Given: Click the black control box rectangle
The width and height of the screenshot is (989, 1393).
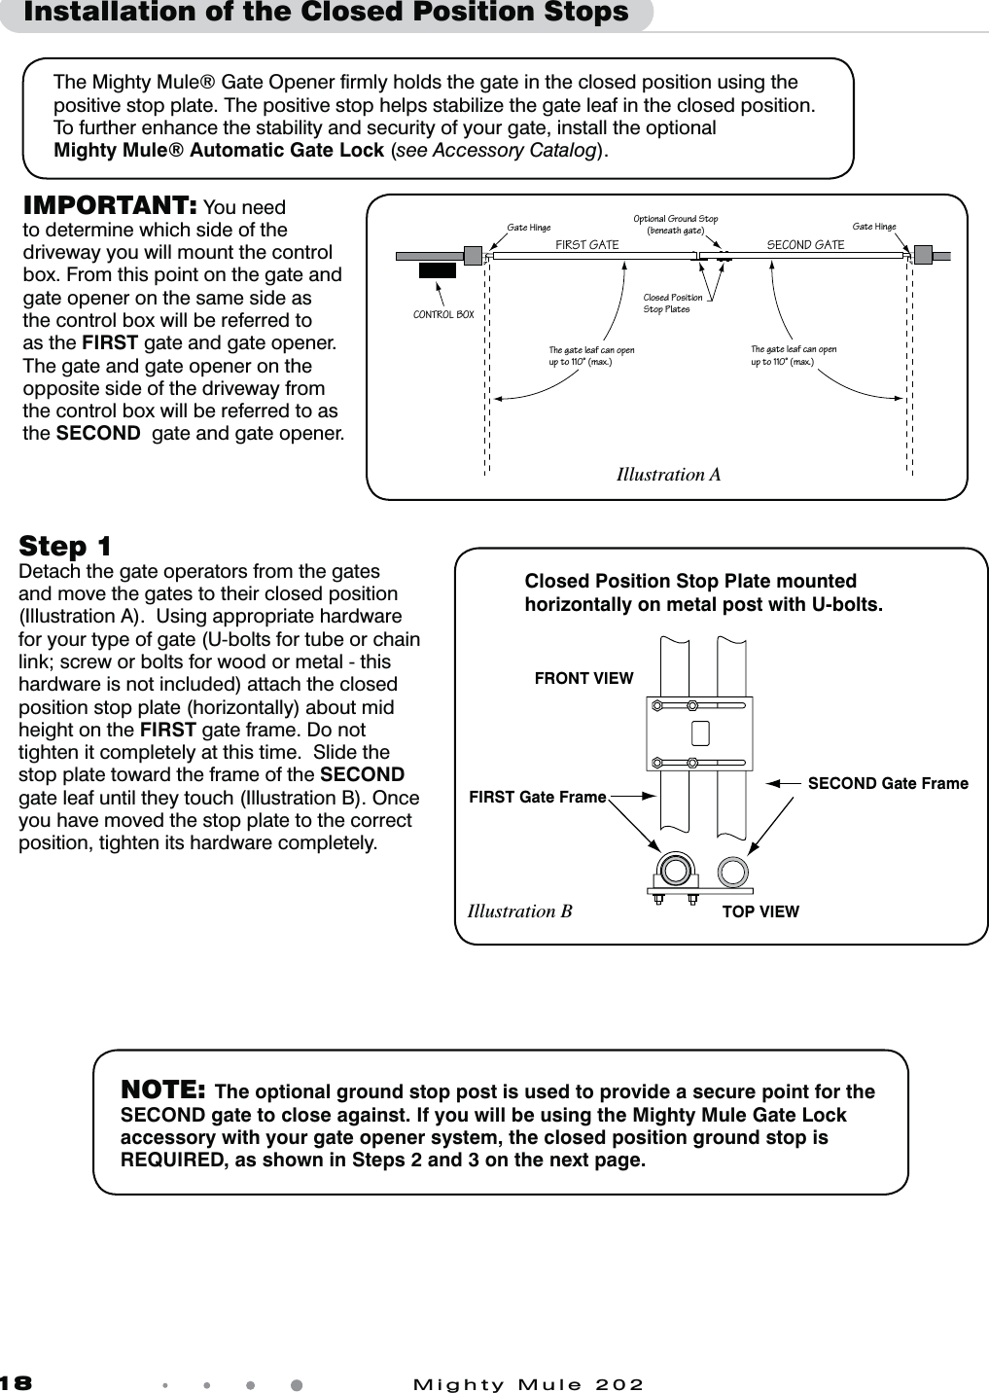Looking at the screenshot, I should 437,270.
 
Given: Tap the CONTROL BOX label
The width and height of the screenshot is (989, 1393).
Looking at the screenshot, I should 443,315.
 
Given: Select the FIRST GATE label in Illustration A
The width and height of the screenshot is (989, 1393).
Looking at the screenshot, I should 586,245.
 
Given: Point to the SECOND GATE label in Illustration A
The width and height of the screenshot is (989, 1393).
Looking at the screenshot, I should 805,245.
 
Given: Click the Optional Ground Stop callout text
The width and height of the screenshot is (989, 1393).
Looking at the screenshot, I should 675,225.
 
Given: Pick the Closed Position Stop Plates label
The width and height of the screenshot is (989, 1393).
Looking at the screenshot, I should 672,304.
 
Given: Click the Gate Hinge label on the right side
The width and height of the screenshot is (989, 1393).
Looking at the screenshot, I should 873,227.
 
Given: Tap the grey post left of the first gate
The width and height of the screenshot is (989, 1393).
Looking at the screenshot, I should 473,256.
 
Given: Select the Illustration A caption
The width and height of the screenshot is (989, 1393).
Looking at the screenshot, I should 668,475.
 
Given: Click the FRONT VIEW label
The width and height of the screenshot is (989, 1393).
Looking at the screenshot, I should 583,678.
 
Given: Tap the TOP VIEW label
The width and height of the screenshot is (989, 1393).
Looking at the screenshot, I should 759,911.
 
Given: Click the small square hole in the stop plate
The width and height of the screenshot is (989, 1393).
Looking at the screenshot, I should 699,732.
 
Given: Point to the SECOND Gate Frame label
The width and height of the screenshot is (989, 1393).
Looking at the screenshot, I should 888,783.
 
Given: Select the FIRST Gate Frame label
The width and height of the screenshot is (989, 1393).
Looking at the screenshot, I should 537,798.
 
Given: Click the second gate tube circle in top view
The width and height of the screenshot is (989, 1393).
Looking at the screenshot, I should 732,869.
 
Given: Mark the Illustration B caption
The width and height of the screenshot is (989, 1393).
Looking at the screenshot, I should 519,911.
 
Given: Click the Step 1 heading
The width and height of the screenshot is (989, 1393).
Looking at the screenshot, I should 65,546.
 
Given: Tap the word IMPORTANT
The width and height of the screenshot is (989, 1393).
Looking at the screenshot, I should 110,205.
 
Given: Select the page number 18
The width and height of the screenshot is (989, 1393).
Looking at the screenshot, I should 17,1383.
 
